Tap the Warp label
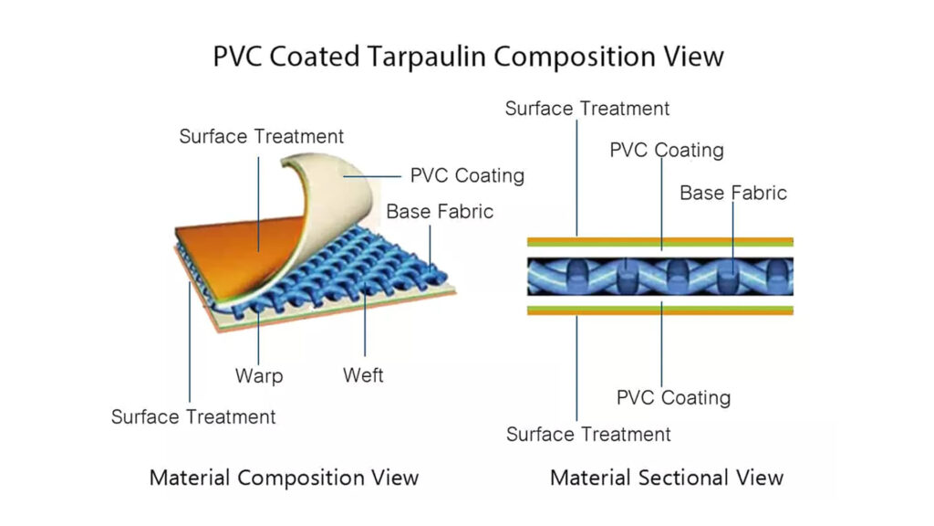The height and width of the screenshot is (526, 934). (x=259, y=375)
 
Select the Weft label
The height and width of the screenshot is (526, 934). (x=363, y=375)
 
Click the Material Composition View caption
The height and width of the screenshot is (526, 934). (x=284, y=477)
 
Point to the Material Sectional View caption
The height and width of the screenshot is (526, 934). (x=666, y=477)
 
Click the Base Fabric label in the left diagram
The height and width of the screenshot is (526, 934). (x=440, y=212)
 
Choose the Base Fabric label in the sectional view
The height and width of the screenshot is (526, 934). (x=733, y=193)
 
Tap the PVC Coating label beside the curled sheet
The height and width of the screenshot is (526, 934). (x=467, y=175)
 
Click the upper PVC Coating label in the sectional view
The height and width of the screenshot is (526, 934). (x=667, y=150)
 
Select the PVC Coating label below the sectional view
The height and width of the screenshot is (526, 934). (x=673, y=397)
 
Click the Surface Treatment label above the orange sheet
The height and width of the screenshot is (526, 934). (x=262, y=137)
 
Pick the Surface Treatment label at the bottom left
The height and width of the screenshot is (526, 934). (x=193, y=416)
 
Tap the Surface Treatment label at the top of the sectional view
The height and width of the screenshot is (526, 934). (x=587, y=109)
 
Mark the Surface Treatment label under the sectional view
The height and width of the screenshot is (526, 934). (x=588, y=434)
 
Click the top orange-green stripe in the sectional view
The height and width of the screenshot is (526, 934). (x=659, y=242)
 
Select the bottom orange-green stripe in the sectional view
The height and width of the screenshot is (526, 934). (x=659, y=310)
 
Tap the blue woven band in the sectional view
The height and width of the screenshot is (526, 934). (x=659, y=276)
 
